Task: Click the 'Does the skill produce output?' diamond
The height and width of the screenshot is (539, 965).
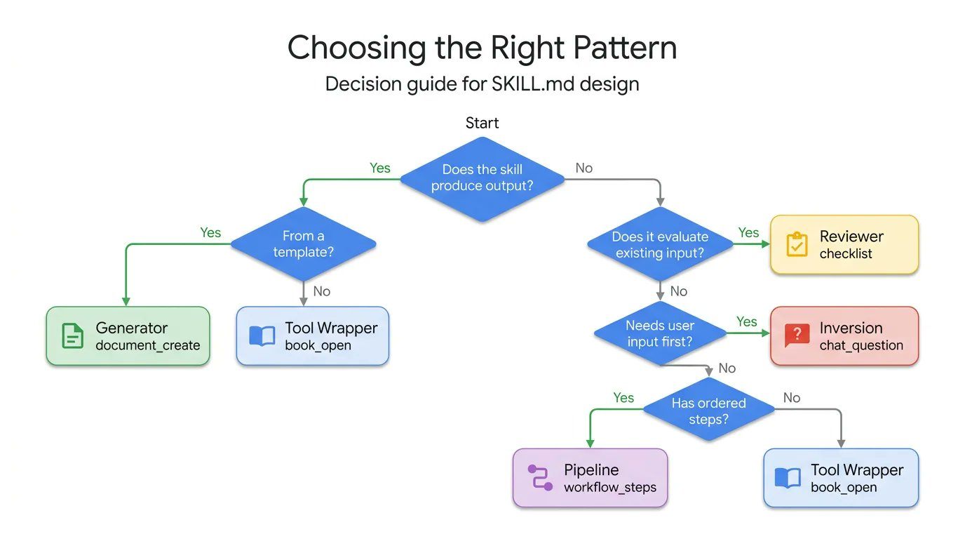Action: pyautogui.click(x=482, y=178)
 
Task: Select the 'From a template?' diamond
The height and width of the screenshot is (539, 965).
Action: pyautogui.click(x=304, y=244)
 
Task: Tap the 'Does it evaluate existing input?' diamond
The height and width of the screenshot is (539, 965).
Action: pyautogui.click(x=660, y=244)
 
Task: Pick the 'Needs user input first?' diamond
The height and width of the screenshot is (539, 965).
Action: pyautogui.click(x=660, y=333)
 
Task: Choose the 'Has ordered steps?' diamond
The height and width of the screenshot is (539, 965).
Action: pyautogui.click(x=708, y=411)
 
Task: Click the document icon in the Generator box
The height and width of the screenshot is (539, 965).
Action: pyautogui.click(x=72, y=336)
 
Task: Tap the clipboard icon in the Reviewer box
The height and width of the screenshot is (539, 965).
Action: pyautogui.click(x=797, y=244)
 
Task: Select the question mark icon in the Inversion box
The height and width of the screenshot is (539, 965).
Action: pyautogui.click(x=797, y=335)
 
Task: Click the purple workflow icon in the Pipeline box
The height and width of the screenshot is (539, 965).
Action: pyautogui.click(x=540, y=477)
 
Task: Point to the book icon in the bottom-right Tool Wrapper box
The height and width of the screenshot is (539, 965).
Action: pyautogui.click(x=788, y=478)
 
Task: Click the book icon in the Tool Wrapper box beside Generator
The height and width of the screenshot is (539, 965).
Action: pyautogui.click(x=262, y=336)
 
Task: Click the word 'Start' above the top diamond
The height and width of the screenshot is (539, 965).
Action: pyautogui.click(x=482, y=124)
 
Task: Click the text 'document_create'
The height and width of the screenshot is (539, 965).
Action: pyautogui.click(x=148, y=345)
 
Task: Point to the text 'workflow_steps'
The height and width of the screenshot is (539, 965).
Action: pyautogui.click(x=610, y=487)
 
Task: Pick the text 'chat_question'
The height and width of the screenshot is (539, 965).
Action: pyautogui.click(x=861, y=345)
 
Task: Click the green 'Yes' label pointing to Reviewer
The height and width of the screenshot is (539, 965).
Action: pyautogui.click(x=749, y=232)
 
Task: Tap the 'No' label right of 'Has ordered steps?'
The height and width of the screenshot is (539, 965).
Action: pyautogui.click(x=792, y=398)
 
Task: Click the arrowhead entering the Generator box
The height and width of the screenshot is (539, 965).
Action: pyautogui.click(x=126, y=301)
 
